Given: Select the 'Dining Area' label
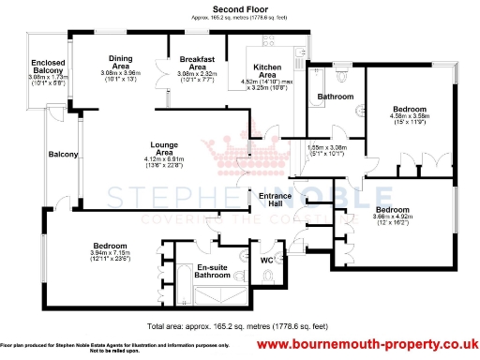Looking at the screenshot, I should pos(121,62).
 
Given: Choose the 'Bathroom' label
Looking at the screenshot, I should pos(335,97).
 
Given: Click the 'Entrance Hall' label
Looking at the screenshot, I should pos(277,199).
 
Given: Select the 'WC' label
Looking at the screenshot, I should pos(265,260).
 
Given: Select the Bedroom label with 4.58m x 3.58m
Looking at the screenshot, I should pos(409,110).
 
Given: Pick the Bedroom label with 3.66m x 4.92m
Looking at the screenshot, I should pos(392,209).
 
